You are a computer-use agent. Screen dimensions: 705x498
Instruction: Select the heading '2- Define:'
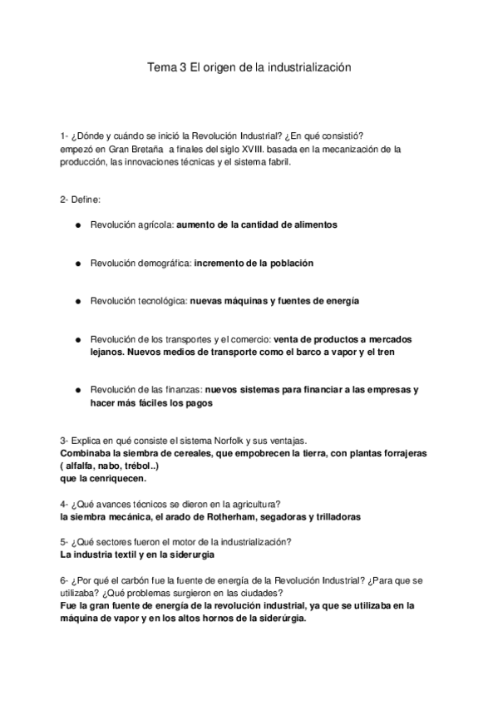point(80,199)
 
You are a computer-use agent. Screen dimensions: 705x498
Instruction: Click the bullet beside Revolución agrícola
point(76,224)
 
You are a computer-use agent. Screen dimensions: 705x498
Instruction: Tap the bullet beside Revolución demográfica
point(76,263)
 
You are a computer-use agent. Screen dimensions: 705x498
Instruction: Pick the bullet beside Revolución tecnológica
point(76,301)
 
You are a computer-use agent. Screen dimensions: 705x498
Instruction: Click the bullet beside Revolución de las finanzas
point(76,390)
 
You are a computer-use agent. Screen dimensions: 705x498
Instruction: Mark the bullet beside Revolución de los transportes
point(76,339)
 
